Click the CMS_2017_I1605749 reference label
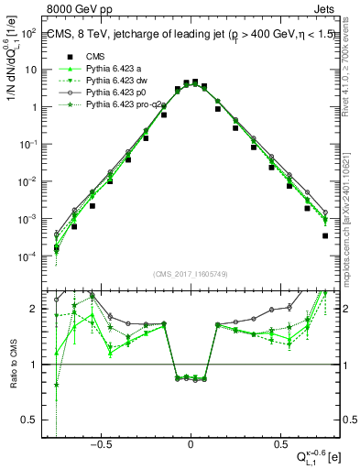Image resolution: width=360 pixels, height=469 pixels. pyautogui.click(x=190, y=274)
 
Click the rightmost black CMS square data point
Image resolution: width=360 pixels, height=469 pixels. pyautogui.click(x=326, y=235)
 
